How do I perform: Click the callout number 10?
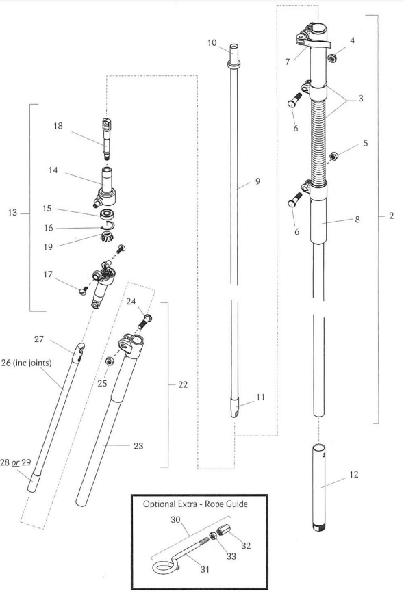(x=212, y=42)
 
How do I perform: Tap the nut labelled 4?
(x=332, y=58)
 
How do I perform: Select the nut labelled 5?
(x=334, y=156)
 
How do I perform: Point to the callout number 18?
(x=58, y=125)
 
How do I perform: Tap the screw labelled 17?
(x=83, y=291)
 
